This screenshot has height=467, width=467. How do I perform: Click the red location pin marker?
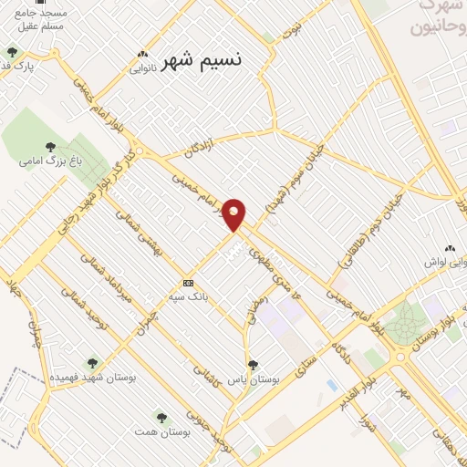234,215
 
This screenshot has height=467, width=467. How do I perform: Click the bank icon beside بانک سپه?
189,283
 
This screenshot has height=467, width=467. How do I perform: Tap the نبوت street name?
293,30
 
